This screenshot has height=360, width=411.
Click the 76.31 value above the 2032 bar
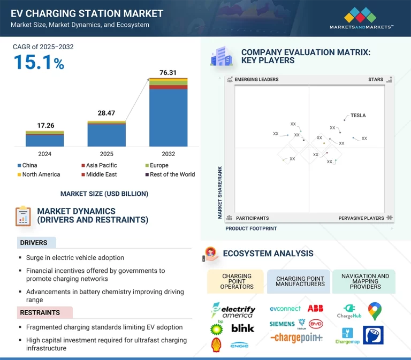pyautogui.click(x=168, y=73)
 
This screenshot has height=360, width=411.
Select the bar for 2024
pyautogui.click(x=44, y=140)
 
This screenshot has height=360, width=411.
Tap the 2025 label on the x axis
pyautogui.click(x=106, y=154)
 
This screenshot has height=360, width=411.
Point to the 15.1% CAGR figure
pyautogui.click(x=39, y=63)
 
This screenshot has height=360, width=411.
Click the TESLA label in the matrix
pyautogui.click(x=358, y=116)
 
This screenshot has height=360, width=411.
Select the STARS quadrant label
pyautogui.click(x=376, y=80)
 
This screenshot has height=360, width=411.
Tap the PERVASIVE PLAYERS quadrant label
pyautogui.click(x=361, y=218)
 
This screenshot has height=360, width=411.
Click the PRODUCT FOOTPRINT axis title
pyautogui.click(x=251, y=228)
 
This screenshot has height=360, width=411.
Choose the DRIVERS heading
pyautogui.click(x=34, y=243)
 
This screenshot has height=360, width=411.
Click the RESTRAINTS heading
pyautogui.click(x=40, y=312)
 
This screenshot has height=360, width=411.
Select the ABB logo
pyautogui.click(x=315, y=309)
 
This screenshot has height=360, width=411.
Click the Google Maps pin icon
pyautogui.click(x=375, y=311)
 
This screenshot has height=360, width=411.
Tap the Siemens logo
pyautogui.click(x=282, y=324)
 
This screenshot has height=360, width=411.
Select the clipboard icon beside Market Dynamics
pyautogui.click(x=22, y=216)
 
